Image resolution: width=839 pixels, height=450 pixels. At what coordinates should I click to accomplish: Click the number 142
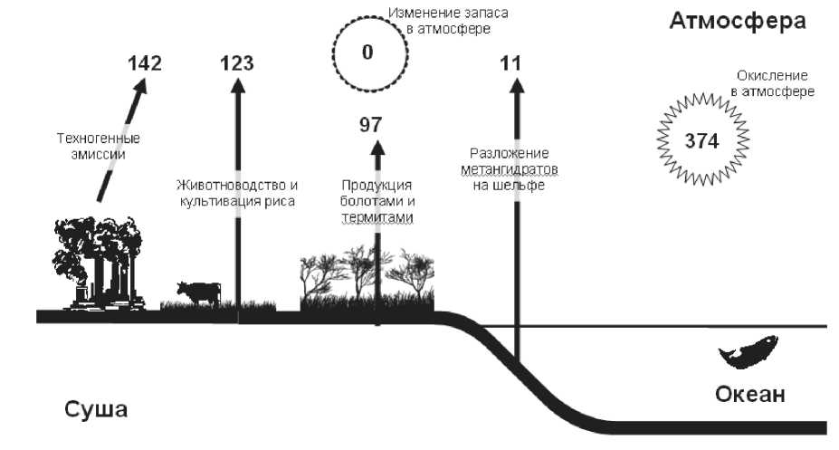coord(145,63)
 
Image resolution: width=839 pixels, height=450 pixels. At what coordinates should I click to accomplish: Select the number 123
coord(237,63)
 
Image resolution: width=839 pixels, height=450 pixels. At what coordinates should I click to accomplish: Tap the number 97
coord(371,125)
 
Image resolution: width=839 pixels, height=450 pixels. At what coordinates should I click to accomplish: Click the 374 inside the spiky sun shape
coord(702,140)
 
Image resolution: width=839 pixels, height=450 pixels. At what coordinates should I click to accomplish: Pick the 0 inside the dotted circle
coord(367,52)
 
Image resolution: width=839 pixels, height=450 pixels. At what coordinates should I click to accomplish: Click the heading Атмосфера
coord(737,21)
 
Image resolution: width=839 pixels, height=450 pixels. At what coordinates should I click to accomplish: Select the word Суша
coord(96,408)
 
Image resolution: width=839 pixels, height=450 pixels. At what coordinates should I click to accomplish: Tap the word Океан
coord(749,395)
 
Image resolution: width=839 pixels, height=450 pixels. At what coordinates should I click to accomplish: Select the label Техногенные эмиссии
coord(99,146)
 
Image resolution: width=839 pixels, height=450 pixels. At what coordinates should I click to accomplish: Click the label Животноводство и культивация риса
coord(236,192)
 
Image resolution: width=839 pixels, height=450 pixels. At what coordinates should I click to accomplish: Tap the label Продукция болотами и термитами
coord(377,201)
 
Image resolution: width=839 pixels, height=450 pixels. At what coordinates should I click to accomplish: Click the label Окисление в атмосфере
coord(772,83)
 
